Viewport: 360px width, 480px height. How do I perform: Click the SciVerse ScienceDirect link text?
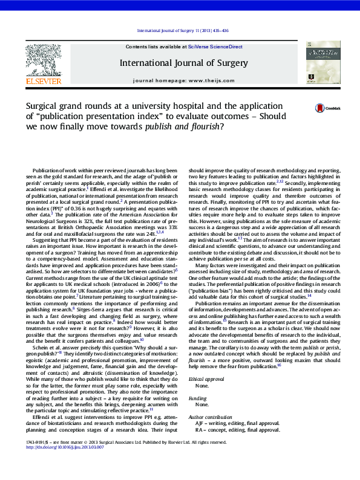[215, 47]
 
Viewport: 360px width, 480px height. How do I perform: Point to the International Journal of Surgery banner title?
[183, 63]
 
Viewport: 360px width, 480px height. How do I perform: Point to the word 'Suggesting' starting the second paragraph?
[47, 240]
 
